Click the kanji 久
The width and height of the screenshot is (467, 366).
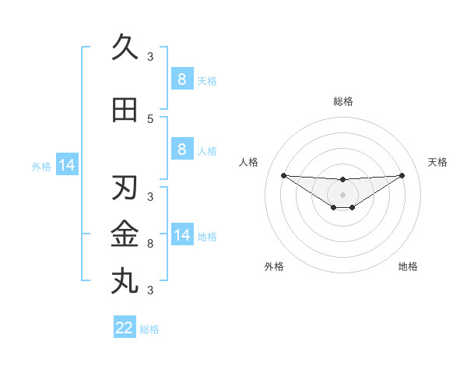click(125, 48)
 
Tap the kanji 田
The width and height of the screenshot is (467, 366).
click(125, 110)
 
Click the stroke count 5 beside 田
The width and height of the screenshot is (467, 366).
click(150, 118)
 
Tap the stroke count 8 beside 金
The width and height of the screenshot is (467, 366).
click(150, 244)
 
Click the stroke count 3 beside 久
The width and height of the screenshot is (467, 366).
click(150, 56)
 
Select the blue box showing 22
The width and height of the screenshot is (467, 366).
click(125, 328)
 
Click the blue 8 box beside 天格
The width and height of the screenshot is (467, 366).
click(181, 79)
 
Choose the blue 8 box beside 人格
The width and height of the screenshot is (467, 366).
click(181, 149)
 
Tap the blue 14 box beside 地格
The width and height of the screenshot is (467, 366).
click(181, 234)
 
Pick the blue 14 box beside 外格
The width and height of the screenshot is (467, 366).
click(66, 164)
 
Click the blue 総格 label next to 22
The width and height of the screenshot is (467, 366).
click(149, 329)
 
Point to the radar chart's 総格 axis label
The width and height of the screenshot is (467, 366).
click(342, 101)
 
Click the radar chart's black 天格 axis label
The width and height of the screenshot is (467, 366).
click(438, 162)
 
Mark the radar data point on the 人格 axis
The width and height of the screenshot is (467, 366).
click(283, 175)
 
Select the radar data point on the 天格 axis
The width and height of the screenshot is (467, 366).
click(402, 175)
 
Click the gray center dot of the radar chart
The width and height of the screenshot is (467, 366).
click(342, 195)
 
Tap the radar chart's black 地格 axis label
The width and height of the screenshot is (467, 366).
click(408, 266)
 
